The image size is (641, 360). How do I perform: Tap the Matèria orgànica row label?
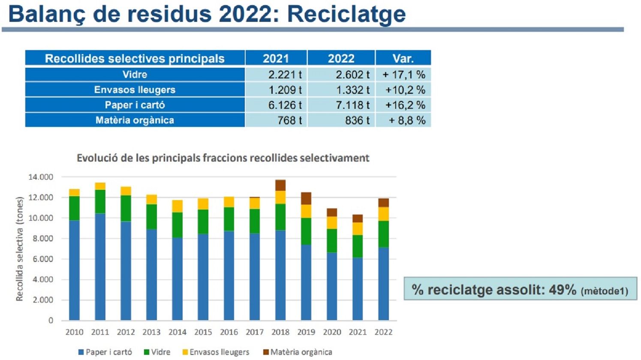pos(135,120)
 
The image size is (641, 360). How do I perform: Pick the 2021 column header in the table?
pos(276,58)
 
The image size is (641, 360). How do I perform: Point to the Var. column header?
pos(403,58)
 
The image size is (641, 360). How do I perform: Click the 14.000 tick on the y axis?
pos(41,177)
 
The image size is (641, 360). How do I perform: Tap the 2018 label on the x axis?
pos(280,332)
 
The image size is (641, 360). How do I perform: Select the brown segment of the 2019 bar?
pos(306,198)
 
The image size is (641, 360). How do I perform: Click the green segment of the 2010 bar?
pos(75,208)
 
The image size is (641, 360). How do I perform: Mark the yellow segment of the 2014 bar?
pos(178,206)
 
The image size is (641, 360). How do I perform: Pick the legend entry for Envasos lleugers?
pos(219,352)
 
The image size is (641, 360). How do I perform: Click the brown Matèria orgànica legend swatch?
pos(266,352)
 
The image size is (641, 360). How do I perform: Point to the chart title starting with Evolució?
pos(223,158)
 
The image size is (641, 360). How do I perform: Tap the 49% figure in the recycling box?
pos(562,290)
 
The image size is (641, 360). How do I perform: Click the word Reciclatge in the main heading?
pos(346,14)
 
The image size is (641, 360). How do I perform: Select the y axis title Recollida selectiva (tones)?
pos(19,249)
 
